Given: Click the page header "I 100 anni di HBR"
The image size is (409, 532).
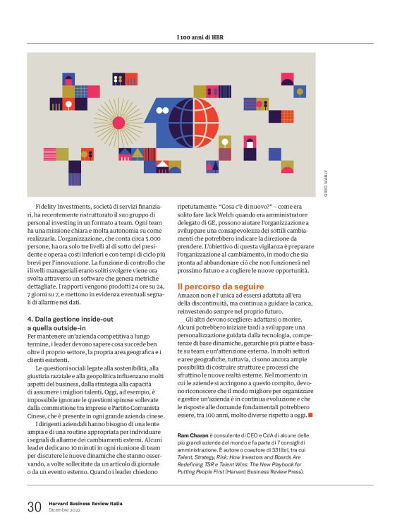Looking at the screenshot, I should pyautogui.click(x=204, y=36).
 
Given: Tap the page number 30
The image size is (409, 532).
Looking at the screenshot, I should pyautogui.click(x=34, y=507).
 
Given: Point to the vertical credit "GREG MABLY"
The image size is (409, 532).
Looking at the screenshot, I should pyautogui.click(x=326, y=181).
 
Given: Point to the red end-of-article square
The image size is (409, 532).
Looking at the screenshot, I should pyautogui.click(x=310, y=394).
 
